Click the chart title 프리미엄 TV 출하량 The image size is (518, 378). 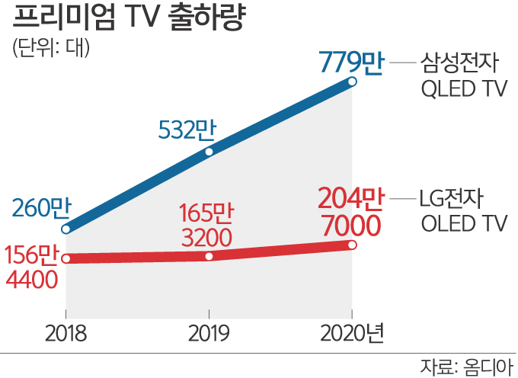pyautogui.click(x=128, y=19)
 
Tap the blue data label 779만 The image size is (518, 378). pyautogui.click(x=351, y=61)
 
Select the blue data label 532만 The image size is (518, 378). pyautogui.click(x=187, y=130)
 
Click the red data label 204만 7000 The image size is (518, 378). pyautogui.click(x=348, y=213)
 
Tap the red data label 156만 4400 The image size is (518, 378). pyautogui.click(x=33, y=267)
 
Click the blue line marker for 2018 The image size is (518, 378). pyautogui.click(x=66, y=229)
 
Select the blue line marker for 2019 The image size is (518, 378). pyautogui.click(x=209, y=152)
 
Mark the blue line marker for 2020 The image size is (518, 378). pyautogui.click(x=352, y=82)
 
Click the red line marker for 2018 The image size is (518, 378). pyautogui.click(x=66, y=258)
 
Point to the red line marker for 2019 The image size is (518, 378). pyautogui.click(x=209, y=256)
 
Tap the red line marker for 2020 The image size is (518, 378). pyautogui.click(x=352, y=245)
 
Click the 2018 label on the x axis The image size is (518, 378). pyautogui.click(x=66, y=333)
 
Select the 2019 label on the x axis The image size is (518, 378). pyautogui.click(x=209, y=333)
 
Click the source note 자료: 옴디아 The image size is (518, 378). pyautogui.click(x=466, y=366)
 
